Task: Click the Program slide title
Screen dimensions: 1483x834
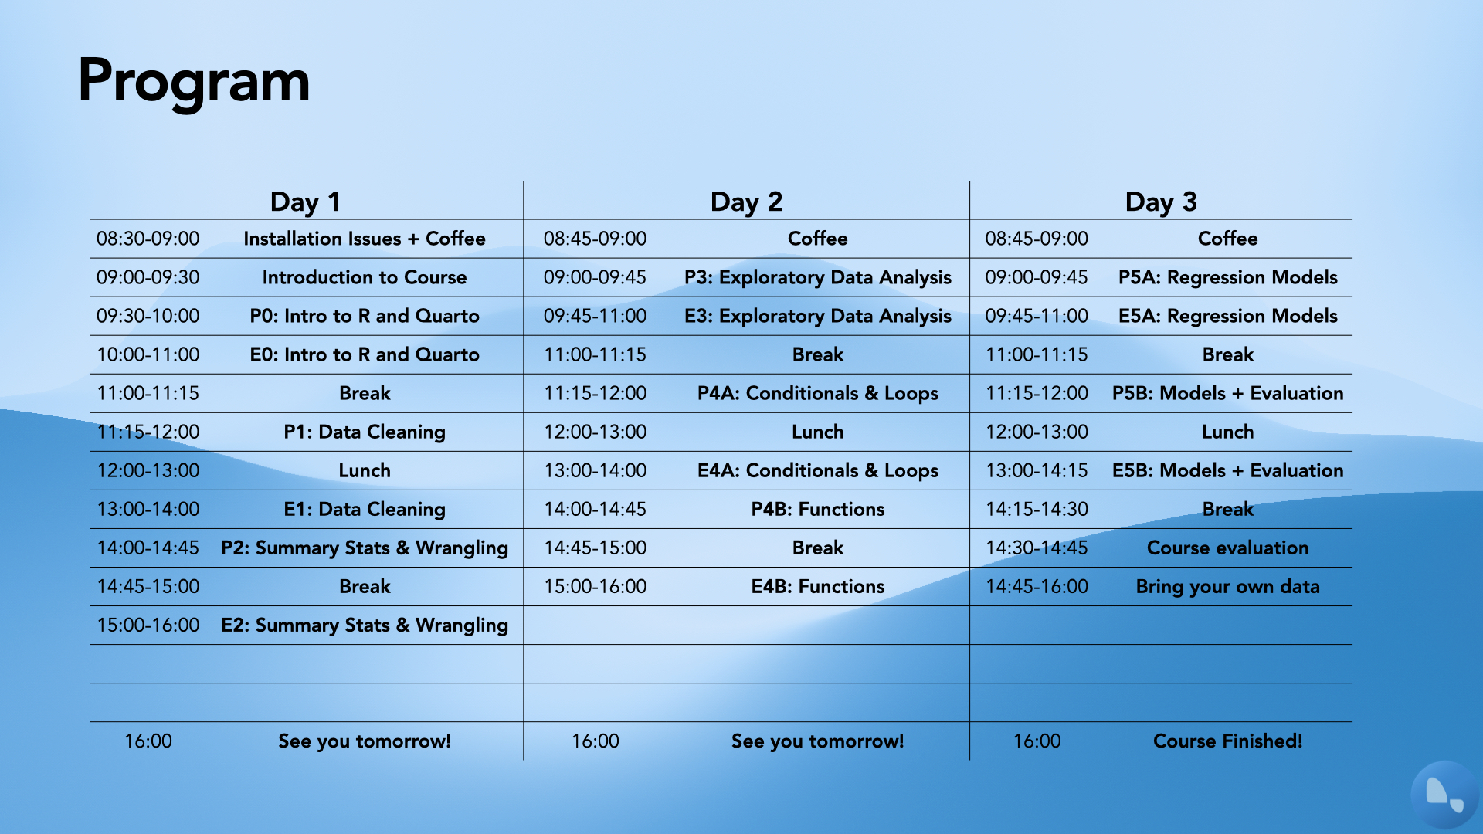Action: [x=194, y=82]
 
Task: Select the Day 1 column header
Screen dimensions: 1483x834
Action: [x=305, y=202]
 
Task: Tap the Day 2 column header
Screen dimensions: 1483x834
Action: [x=746, y=202]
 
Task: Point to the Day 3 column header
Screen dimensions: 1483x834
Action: [x=1161, y=202]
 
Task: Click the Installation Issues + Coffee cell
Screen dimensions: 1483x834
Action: [x=365, y=239]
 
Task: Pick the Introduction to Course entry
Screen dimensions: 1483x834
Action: [x=365, y=277]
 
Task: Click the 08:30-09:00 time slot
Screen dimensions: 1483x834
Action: [x=148, y=239]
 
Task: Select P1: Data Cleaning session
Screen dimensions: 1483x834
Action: [x=365, y=432]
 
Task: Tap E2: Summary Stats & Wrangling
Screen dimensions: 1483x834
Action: [x=365, y=625]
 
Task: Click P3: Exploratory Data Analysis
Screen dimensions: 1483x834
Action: [x=818, y=277]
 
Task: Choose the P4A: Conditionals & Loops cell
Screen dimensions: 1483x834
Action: [x=818, y=393]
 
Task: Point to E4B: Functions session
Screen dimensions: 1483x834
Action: [x=818, y=586]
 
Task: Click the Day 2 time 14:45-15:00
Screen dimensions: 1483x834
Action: [x=596, y=548]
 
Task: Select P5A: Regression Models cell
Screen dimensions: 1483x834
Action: [x=1228, y=277]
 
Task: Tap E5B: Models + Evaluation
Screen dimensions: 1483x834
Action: [x=1228, y=470]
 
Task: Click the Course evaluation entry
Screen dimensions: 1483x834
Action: [x=1228, y=548]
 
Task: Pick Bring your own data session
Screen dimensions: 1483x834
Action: [x=1228, y=586]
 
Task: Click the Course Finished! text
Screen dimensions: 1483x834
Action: [x=1228, y=741]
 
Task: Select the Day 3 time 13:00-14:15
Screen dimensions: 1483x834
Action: [x=1037, y=470]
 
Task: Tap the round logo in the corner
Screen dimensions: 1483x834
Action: [x=1444, y=795]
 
